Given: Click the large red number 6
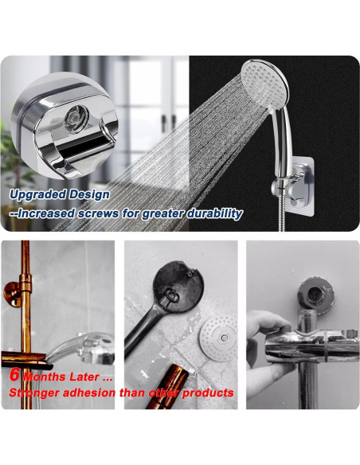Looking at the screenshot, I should coord(14,374).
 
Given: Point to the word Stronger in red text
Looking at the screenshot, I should coord(37,393).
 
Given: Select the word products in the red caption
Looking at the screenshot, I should coord(208,393).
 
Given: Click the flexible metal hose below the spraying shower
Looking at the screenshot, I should coord(282,219).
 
